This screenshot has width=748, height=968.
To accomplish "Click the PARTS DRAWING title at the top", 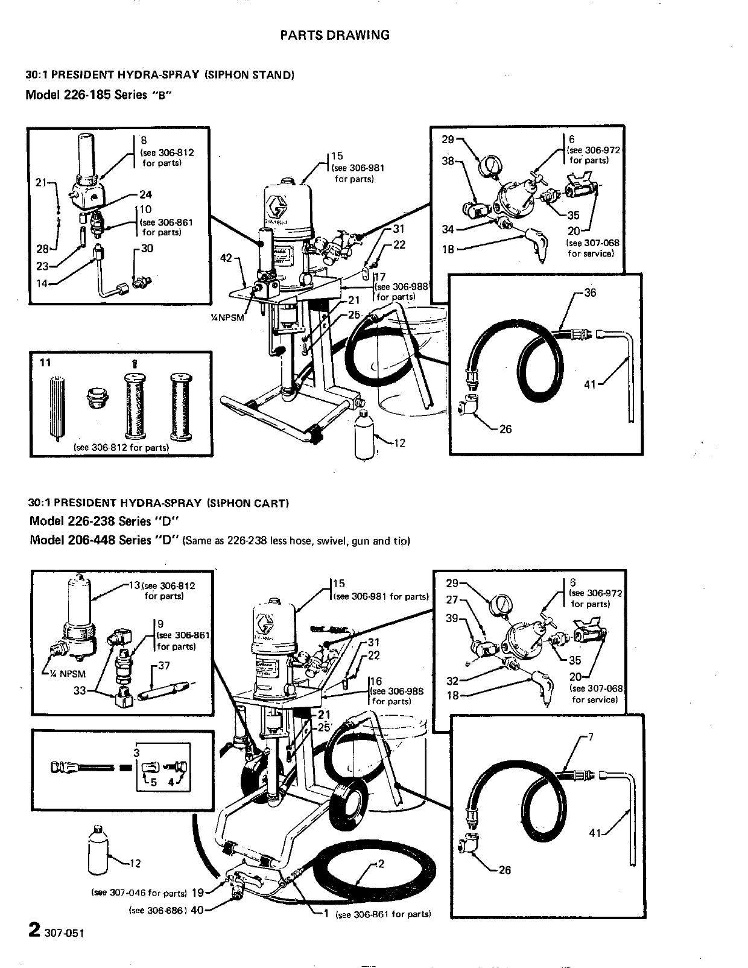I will pos(335,35).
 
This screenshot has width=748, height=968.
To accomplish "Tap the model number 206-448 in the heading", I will pos(92,540).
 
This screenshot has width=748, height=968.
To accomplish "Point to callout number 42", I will pos(226,258).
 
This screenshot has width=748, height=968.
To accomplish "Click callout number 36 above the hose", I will pos(590,293).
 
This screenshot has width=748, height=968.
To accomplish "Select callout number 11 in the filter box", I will pos(45,363).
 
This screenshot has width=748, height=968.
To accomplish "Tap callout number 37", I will pos(164,666).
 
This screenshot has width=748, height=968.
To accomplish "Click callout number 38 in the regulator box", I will pos(448,162).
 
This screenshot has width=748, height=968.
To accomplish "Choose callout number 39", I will pos(452,619).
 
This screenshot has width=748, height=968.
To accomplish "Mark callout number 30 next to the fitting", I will pos(147,249).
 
